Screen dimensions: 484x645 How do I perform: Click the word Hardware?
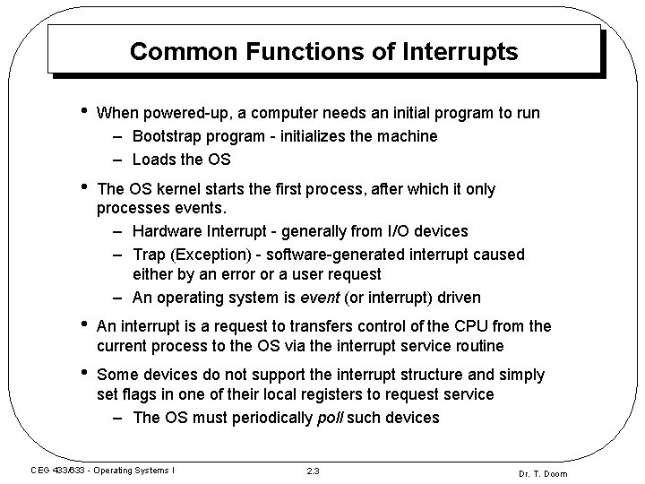pyautogui.click(x=168, y=232)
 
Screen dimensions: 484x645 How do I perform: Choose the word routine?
pyautogui.click(x=479, y=346)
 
